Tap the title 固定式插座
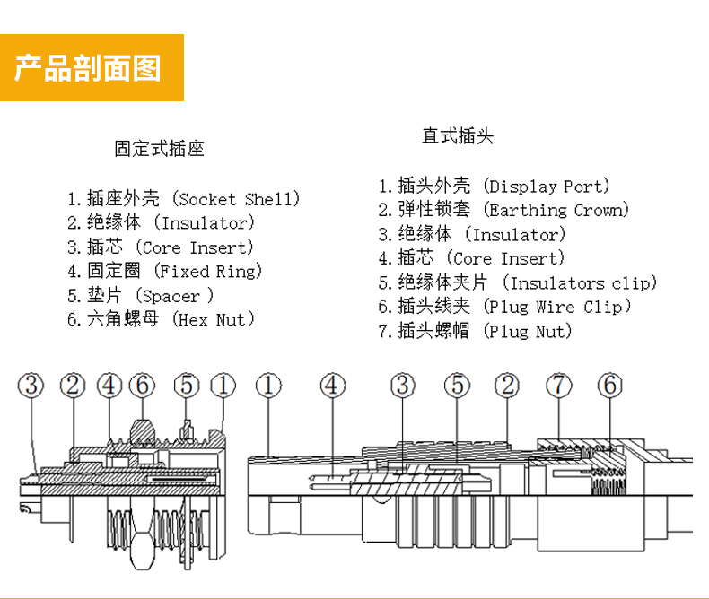[160, 149]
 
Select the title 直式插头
[458, 137]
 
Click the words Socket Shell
[235, 199]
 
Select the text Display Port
[546, 187]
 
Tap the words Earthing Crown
[556, 211]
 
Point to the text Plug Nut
[527, 332]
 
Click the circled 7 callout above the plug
[558, 386]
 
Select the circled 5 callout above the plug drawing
[457, 386]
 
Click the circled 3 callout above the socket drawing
[32, 386]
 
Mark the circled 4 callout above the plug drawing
[333, 386]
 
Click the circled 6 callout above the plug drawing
[609, 386]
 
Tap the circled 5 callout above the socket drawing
[186, 386]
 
